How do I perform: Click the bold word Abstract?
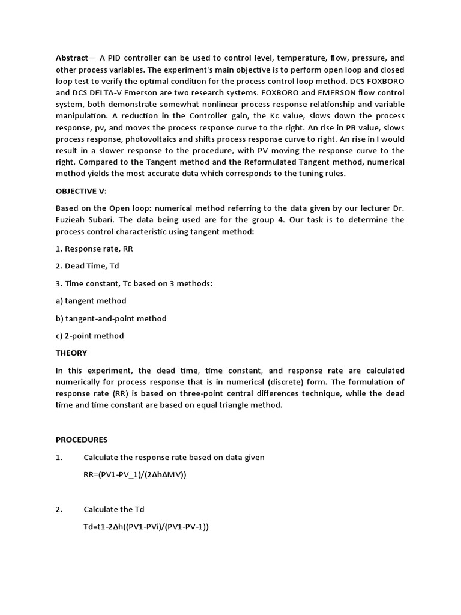[71, 58]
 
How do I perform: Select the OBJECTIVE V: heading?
[81, 190]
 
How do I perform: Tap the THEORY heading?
[71, 353]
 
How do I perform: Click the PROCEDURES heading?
[82, 440]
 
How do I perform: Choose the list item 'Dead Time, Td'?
[91, 265]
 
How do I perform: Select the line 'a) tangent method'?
[91, 300]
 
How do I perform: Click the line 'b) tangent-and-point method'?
[111, 318]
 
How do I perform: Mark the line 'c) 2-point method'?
[90, 336]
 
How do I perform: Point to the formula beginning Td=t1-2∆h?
[146, 527]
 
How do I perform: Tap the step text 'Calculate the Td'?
[114, 509]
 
